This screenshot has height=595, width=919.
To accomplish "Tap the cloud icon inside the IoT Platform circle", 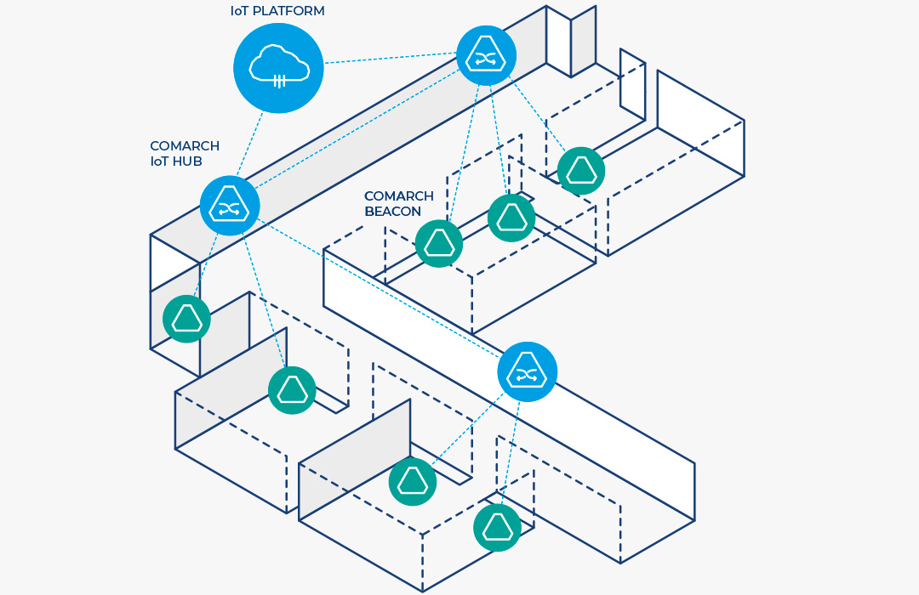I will (x=278, y=66).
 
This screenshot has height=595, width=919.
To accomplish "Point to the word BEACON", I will (x=392, y=211).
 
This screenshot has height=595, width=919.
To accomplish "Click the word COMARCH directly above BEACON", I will (x=399, y=195).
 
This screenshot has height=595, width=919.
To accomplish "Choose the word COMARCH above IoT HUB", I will (x=185, y=146).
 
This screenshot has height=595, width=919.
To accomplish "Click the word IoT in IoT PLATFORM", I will (x=241, y=11).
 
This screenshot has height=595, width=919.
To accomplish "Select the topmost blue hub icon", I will (x=486, y=55).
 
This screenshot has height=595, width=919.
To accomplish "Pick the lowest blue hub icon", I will (x=528, y=372).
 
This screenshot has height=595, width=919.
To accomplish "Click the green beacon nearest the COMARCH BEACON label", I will (x=439, y=244).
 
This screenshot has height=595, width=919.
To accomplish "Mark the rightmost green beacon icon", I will (x=581, y=170).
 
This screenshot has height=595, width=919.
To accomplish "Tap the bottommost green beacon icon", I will (x=498, y=527).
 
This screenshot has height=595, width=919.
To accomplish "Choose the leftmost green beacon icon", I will (x=186, y=319).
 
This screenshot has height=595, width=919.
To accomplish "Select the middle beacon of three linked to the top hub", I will (x=511, y=218).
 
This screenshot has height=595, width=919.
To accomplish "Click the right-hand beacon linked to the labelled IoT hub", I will (x=292, y=390).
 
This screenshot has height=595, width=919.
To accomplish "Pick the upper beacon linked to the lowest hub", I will (x=413, y=482).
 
